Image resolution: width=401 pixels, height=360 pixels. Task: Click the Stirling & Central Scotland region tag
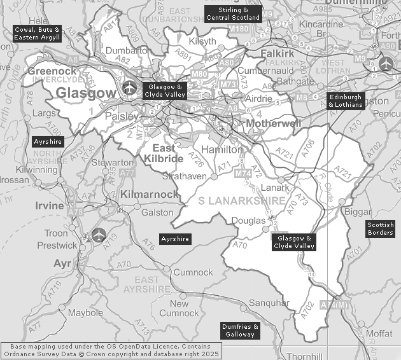pos(233,14)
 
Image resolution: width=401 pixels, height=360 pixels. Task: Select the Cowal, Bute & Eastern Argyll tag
pos(38,34)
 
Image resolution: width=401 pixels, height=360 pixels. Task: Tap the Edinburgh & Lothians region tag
pos(346,100)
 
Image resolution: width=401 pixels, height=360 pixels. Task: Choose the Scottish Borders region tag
pos(381,228)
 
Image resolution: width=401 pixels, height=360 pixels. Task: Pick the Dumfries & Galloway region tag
pos(240,330)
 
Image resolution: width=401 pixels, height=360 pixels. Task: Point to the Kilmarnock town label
pos(150,193)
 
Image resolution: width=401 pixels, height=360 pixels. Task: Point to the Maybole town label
pos(85,313)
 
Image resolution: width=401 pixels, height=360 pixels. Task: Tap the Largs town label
pos(44,114)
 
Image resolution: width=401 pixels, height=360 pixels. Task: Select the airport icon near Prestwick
pos(97,234)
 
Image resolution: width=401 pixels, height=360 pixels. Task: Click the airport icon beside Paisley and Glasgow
pos(130,88)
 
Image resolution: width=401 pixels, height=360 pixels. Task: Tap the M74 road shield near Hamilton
pos(243,173)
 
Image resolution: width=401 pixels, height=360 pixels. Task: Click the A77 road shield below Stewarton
pos(127,172)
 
